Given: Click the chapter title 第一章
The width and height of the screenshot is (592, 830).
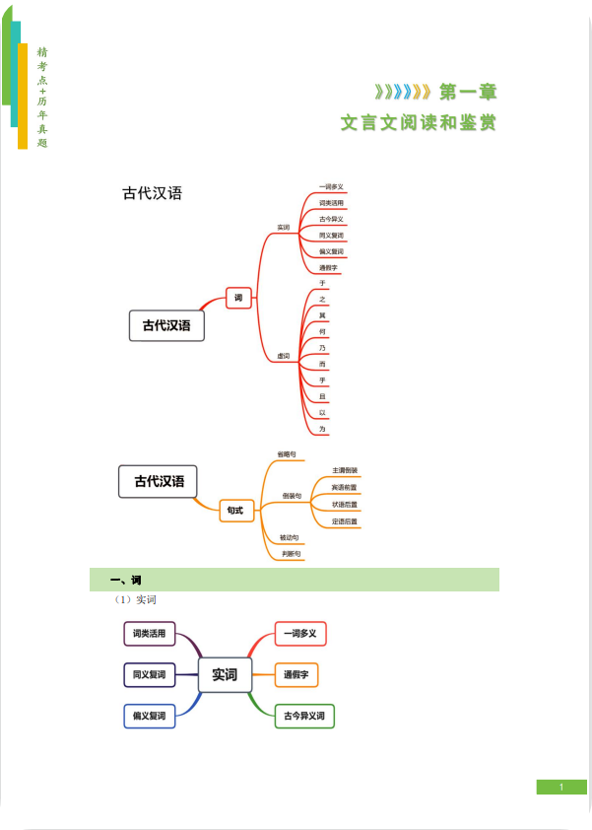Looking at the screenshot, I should [468, 93].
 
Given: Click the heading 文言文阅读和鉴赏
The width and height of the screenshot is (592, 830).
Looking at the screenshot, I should [419, 123].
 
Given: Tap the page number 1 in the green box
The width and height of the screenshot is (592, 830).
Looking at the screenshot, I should [560, 787].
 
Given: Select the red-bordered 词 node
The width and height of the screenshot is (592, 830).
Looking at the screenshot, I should [239, 298].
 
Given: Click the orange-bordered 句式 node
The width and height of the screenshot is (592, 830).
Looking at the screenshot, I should [236, 511].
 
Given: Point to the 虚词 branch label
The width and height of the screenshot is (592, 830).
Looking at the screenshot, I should [283, 355].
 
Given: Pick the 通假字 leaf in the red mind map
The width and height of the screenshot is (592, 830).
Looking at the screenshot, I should [329, 268].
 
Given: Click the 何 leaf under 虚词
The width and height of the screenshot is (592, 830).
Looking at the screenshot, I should [322, 332].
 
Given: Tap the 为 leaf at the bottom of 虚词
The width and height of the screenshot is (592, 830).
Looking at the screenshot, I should [322, 429].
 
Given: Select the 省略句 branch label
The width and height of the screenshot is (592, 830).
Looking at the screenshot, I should [287, 454].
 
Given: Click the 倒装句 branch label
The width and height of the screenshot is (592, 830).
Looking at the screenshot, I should [292, 496].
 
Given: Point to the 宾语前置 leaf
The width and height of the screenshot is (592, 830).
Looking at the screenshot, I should [345, 488].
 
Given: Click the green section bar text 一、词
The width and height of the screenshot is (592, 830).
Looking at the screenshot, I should [125, 580].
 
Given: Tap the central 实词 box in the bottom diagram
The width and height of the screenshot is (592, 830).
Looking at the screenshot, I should [225, 675].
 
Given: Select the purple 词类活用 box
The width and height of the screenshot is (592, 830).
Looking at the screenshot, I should [150, 633].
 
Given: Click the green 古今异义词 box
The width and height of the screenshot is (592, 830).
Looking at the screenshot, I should [304, 716].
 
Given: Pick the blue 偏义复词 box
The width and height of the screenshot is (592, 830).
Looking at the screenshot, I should [150, 716].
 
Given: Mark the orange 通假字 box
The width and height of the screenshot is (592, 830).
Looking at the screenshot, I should [296, 675].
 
